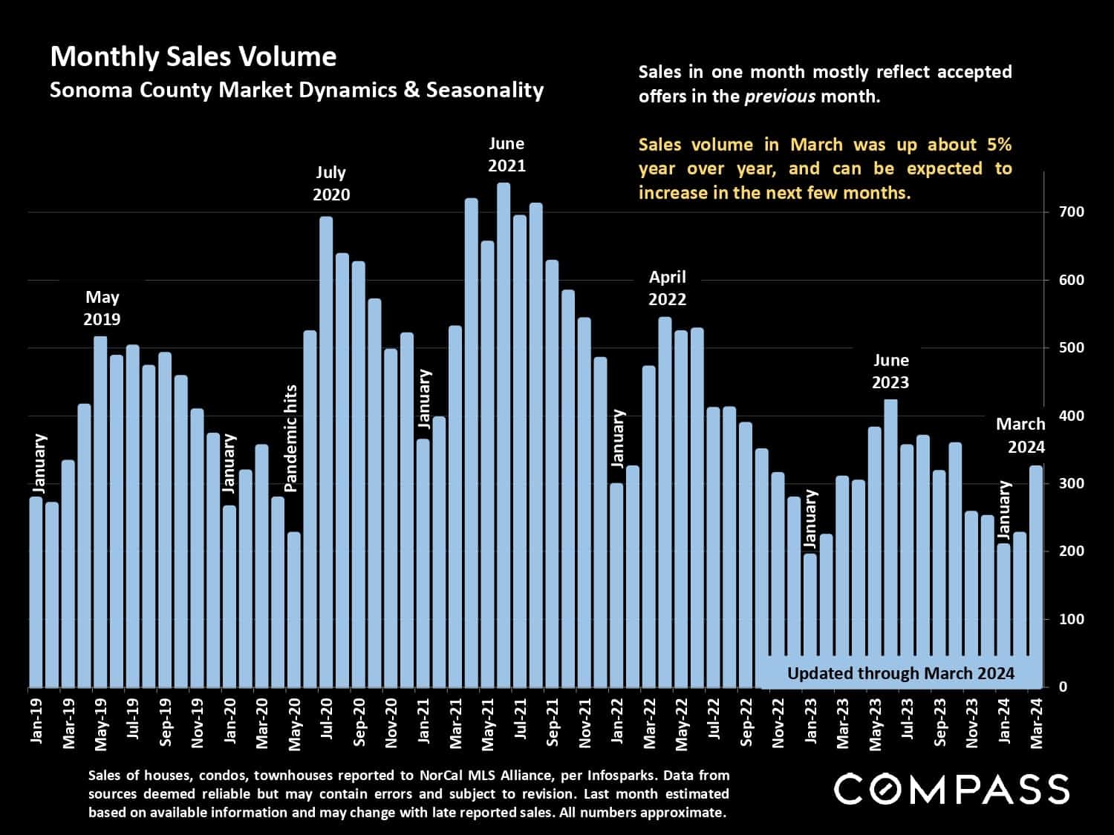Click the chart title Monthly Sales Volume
193,57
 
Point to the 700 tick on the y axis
1072,212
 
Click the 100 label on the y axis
1072,619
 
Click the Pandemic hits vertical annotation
290,438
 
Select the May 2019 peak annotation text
102,308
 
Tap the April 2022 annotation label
667,288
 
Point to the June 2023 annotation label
890,371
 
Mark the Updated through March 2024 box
900,673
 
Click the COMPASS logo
951,789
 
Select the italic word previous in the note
779,96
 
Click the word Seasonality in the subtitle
484,91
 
